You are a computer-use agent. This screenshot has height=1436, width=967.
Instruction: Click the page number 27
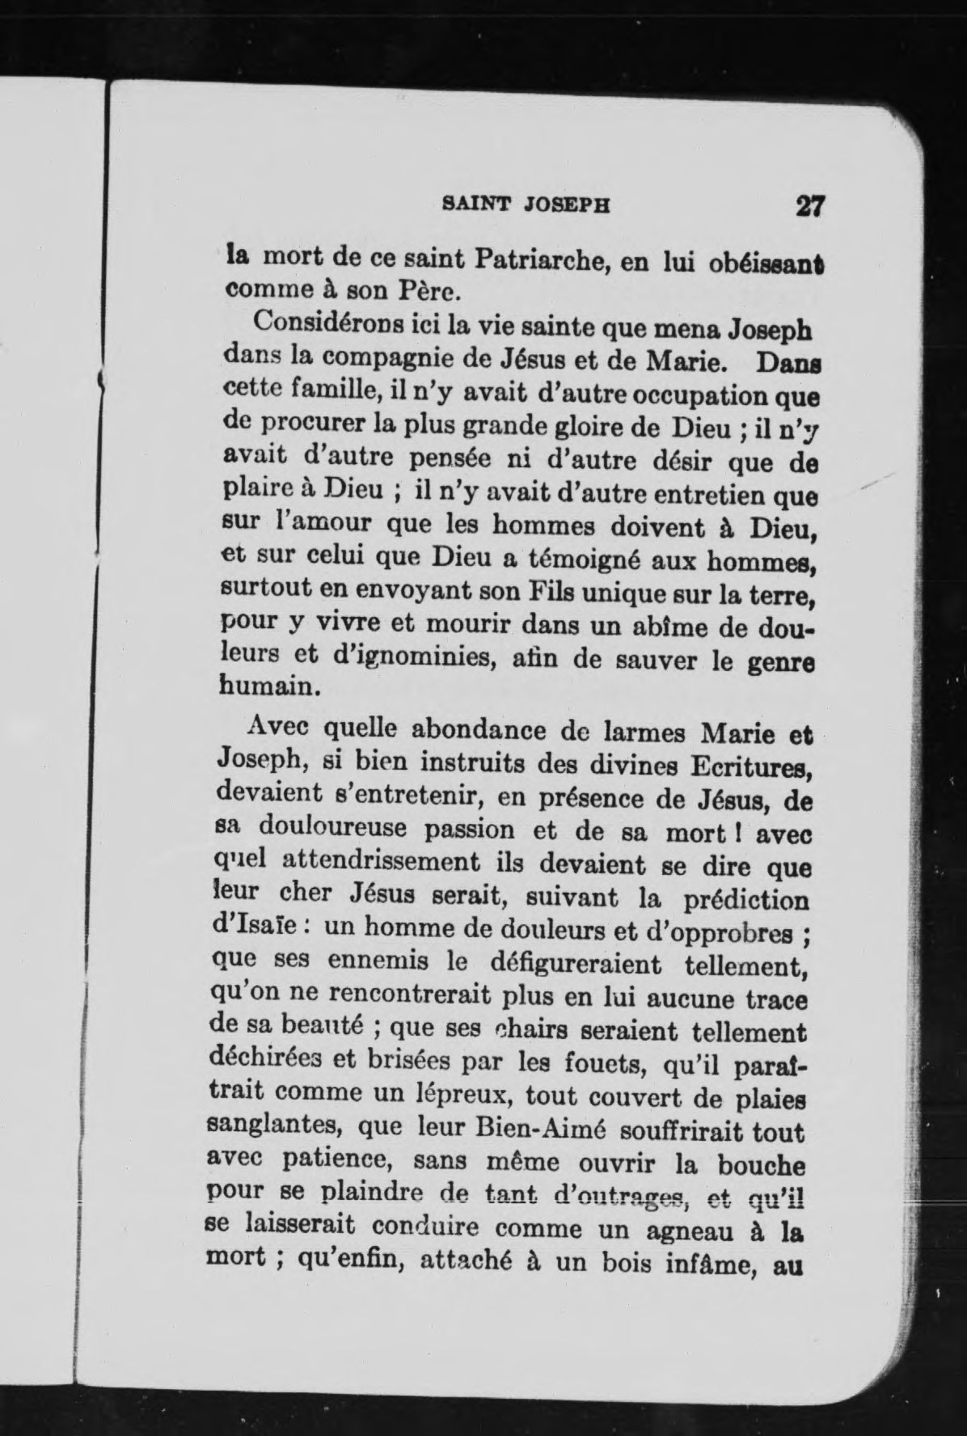pyautogui.click(x=809, y=205)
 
